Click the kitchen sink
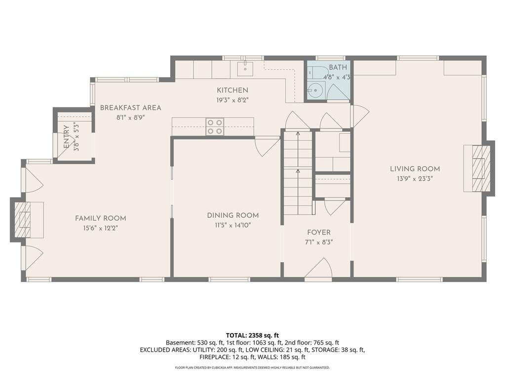[245, 69]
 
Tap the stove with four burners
[215, 127]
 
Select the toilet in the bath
[317, 71]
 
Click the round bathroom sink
[316, 90]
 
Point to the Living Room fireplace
[479, 168]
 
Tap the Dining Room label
[233, 215]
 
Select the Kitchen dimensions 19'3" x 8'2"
[232, 100]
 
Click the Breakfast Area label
[130, 107]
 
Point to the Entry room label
[66, 137]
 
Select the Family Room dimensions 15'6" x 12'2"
[101, 228]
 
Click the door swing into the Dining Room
[267, 146]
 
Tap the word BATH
[338, 67]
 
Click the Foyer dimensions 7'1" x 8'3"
[319, 242]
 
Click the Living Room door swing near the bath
[360, 115]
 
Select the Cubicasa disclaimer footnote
[252, 367]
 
